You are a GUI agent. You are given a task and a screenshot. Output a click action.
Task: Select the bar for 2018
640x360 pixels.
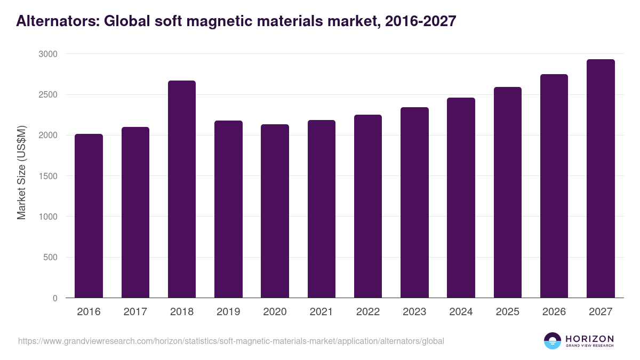click(182, 189)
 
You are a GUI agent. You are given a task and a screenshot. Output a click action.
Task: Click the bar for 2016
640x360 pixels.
click(89, 216)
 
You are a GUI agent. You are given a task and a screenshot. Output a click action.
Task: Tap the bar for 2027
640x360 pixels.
click(601, 179)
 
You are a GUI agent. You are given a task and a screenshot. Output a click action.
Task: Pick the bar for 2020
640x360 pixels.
click(275, 211)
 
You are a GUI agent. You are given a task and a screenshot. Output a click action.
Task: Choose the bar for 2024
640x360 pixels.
click(461, 198)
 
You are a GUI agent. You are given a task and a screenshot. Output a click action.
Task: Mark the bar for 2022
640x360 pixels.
click(368, 206)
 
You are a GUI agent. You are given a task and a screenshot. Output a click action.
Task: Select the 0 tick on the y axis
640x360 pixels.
click(55, 299)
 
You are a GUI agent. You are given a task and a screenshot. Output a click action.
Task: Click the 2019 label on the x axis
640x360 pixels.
click(228, 312)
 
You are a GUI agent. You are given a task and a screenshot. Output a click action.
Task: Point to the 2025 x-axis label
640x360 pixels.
click(507, 312)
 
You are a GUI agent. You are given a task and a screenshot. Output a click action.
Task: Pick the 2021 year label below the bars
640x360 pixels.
click(322, 312)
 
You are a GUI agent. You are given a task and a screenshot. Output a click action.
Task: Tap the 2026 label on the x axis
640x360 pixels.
click(554, 312)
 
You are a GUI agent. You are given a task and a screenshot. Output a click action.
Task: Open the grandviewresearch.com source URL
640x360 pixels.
click(231, 341)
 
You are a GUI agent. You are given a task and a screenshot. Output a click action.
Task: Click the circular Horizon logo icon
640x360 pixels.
click(553, 341)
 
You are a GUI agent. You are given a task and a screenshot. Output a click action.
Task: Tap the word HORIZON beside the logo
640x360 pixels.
click(589, 339)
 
